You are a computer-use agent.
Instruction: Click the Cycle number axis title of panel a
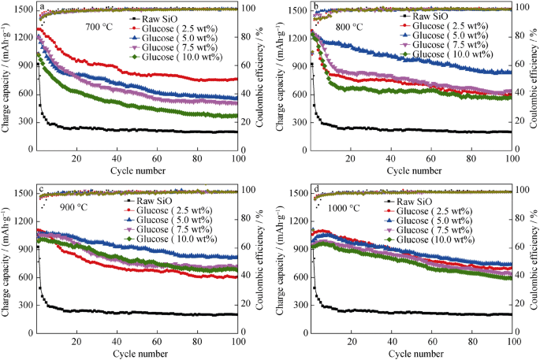click(136, 171)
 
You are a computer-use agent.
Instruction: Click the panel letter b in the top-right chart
click(316, 6)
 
